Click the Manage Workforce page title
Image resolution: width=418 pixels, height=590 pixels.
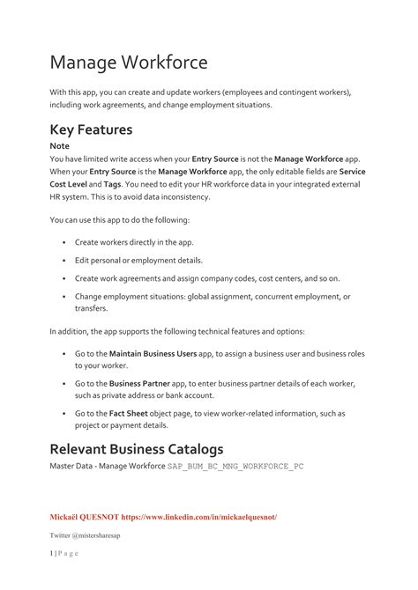(129, 63)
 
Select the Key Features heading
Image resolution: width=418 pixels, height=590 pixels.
(91, 129)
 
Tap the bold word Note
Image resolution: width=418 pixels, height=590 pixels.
(59, 146)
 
